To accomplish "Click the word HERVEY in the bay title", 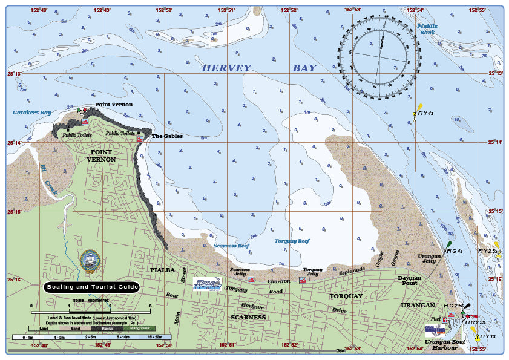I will (226, 68).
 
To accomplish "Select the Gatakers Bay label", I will (32, 113).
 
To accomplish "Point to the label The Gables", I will (166, 136).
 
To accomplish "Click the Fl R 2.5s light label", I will (475, 323).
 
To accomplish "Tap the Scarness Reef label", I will (231, 246).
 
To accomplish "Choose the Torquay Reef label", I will (292, 241).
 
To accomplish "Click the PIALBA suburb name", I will (162, 269).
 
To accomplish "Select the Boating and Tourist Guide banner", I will (91, 287).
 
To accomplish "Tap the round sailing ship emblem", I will (90, 260).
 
